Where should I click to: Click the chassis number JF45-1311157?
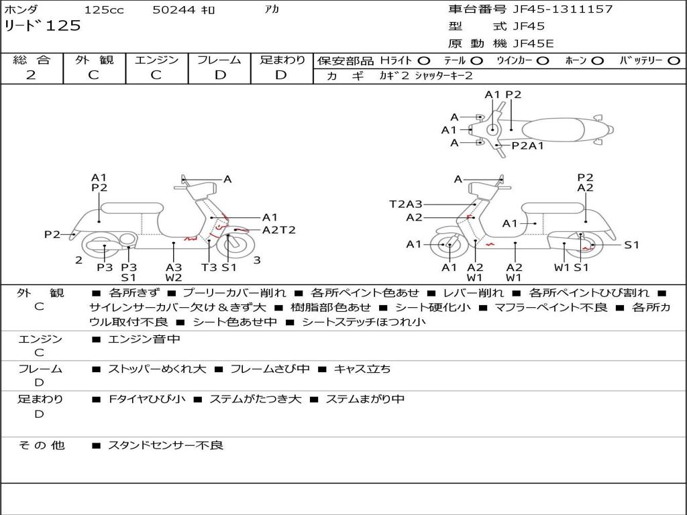(x=553, y=9)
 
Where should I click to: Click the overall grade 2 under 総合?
(x=31, y=75)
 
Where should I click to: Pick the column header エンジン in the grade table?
(x=156, y=60)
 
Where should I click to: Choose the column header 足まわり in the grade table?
(x=282, y=60)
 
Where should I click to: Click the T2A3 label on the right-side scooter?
(x=406, y=204)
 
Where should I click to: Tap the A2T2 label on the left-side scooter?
(x=278, y=230)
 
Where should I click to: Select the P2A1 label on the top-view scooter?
(x=527, y=146)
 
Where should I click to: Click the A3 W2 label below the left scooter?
(x=174, y=272)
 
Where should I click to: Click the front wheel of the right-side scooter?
(x=448, y=245)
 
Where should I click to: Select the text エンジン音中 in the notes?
(x=144, y=339)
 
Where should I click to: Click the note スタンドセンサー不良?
(x=166, y=445)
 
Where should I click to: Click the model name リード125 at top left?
(x=42, y=26)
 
